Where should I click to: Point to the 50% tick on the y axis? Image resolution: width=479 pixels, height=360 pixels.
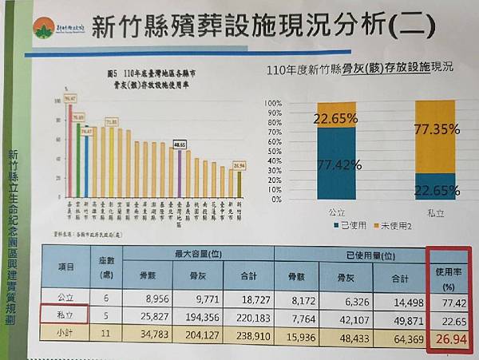coord(293,151)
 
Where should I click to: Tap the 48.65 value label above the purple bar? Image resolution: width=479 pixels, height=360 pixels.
coord(181,144)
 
